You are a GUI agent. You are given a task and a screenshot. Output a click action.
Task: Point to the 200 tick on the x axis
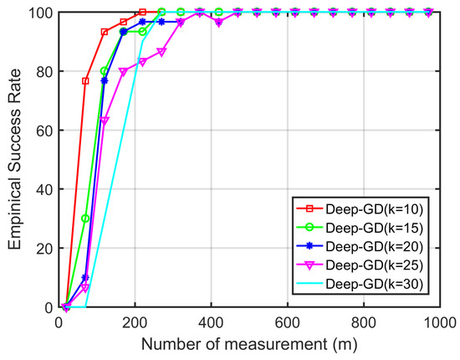(135, 321)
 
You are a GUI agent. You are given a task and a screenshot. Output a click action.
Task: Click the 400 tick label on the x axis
(211, 321)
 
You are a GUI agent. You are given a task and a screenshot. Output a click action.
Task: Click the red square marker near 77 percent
(85, 81)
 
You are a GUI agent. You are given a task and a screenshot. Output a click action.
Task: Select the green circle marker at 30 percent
(85, 219)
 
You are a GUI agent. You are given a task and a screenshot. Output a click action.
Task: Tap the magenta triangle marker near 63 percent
(105, 121)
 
